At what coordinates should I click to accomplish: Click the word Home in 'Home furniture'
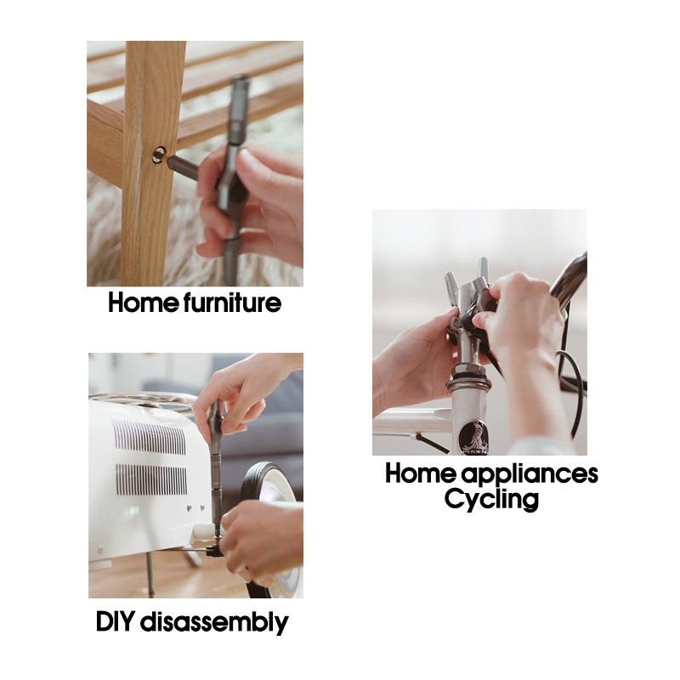coord(143,303)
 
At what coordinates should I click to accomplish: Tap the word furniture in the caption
coord(232,303)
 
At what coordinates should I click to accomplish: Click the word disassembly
coord(214,623)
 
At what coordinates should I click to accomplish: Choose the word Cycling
coord(491,500)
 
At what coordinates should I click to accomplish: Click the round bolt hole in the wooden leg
coord(160,155)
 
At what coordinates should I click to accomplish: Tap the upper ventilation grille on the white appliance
coord(148,437)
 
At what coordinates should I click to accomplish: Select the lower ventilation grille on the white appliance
coord(151,480)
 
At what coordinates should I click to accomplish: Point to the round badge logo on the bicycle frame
coord(474,437)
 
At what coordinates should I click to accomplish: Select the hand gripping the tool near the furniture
coord(250,205)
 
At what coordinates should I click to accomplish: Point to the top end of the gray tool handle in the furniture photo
coord(240,79)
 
